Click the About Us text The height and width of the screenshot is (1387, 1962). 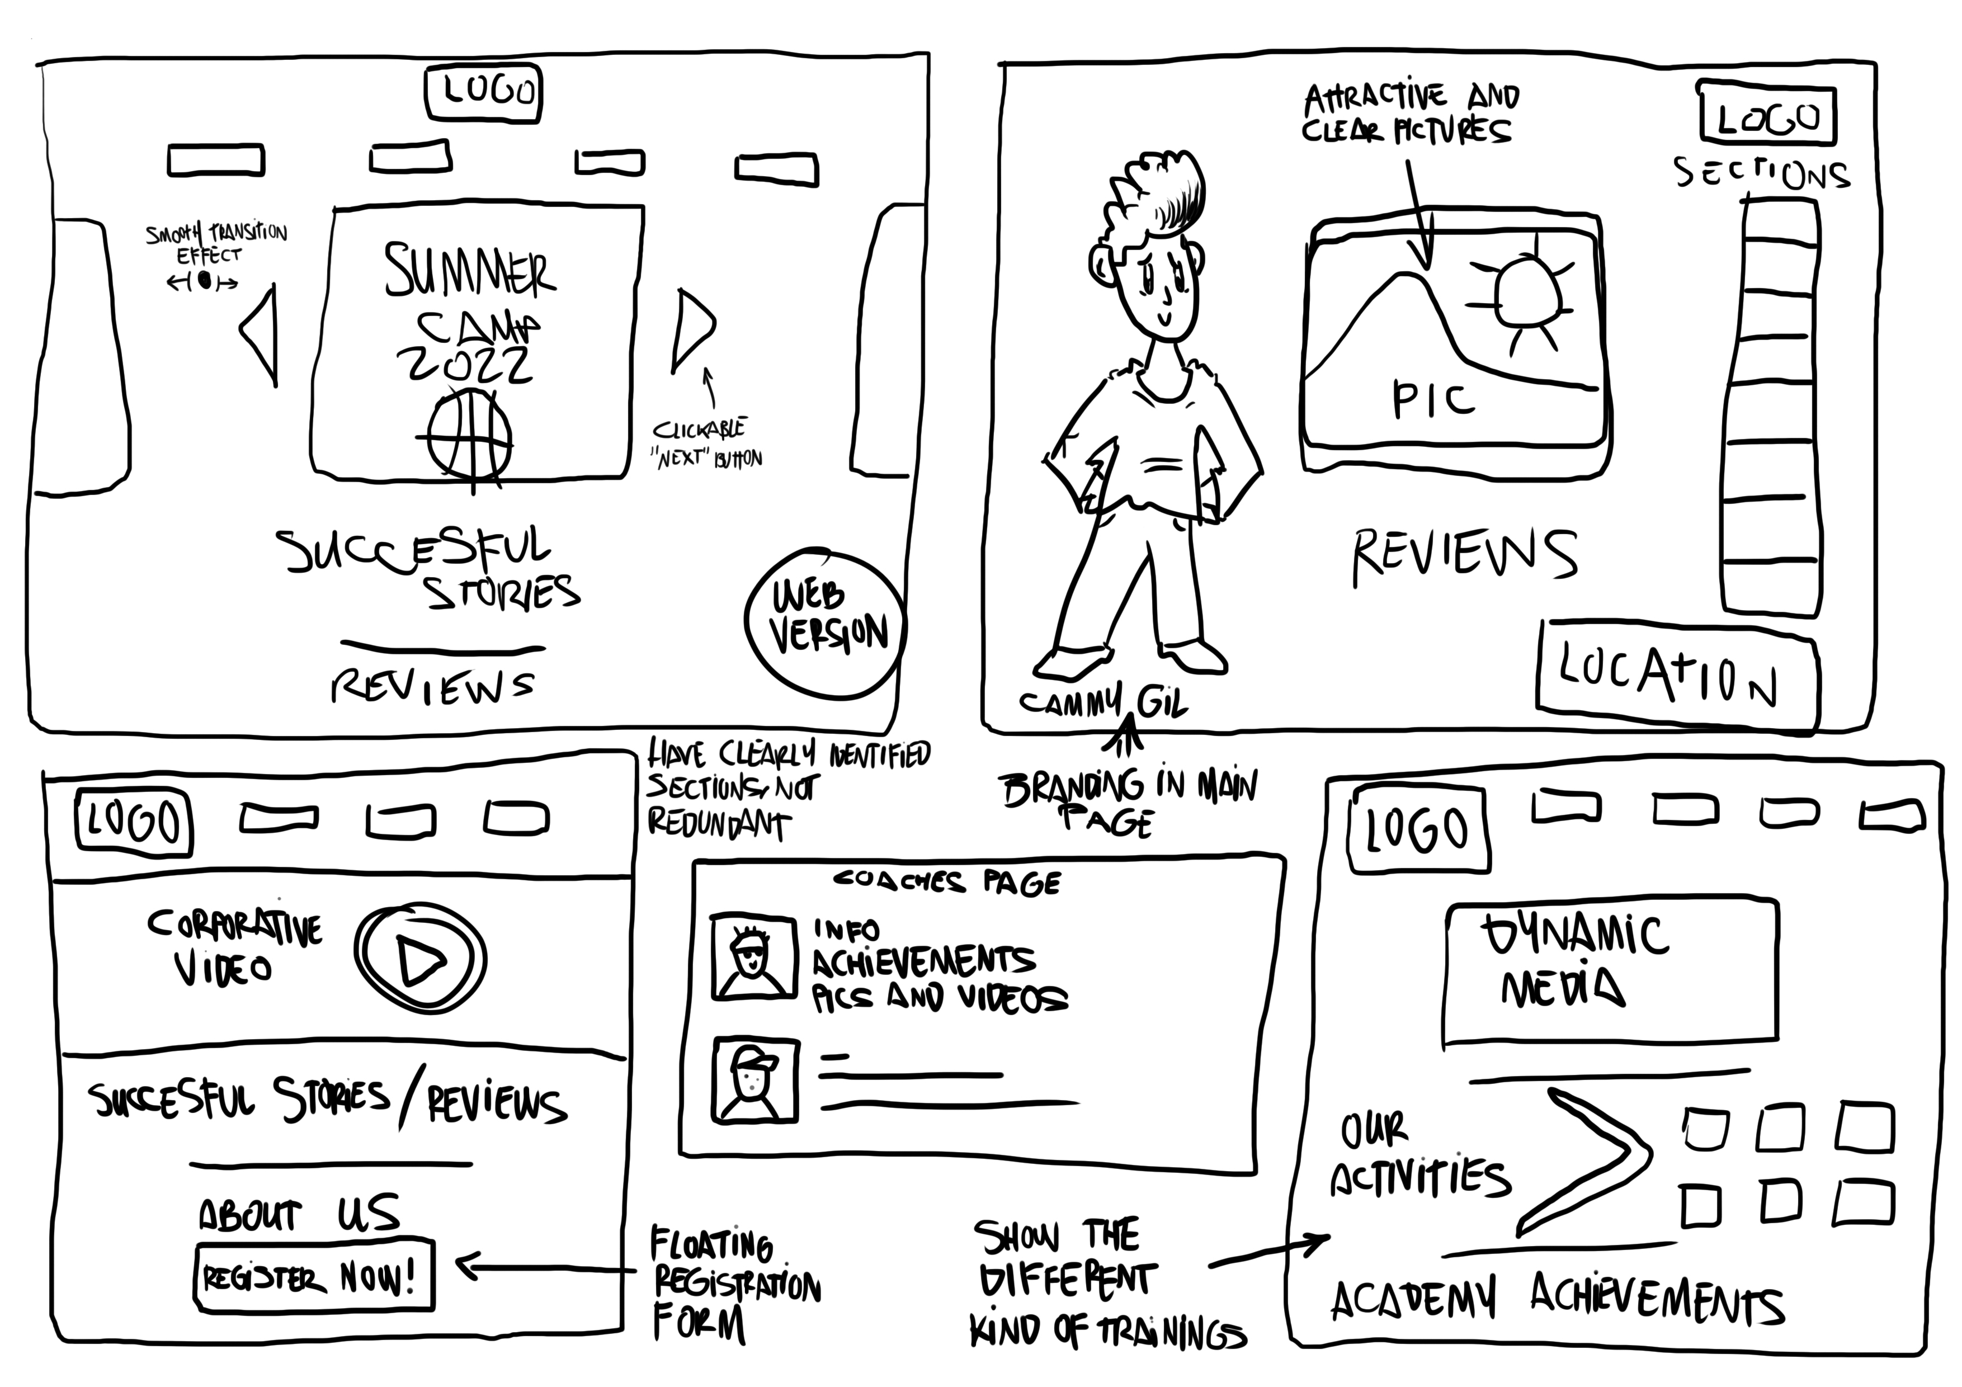click(299, 1214)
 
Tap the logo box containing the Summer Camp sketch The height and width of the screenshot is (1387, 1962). click(484, 91)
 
